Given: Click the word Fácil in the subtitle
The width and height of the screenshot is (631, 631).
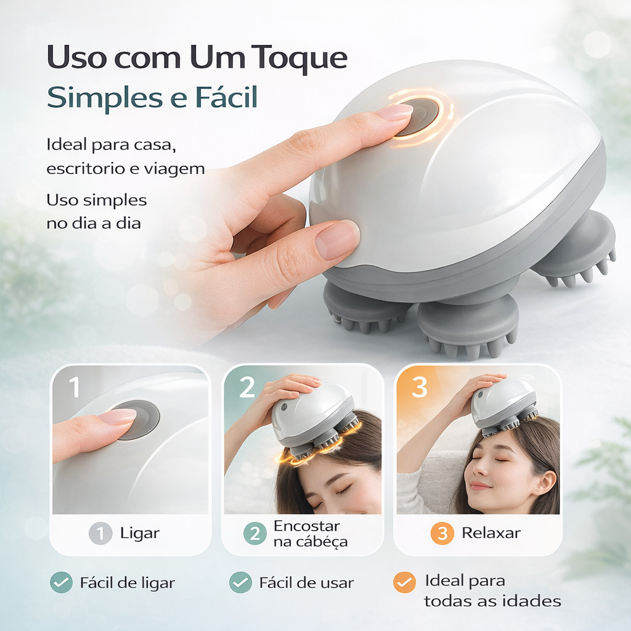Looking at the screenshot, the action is (x=226, y=97).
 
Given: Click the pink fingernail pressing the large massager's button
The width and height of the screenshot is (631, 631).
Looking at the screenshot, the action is (x=394, y=112).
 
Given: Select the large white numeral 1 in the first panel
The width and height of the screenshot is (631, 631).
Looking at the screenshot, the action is (x=75, y=387).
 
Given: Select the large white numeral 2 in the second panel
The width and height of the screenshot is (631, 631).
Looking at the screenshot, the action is (x=247, y=387).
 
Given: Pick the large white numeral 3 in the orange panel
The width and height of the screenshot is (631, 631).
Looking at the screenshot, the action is (x=419, y=387).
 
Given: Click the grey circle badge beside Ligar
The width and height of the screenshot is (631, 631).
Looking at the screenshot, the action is (x=100, y=533).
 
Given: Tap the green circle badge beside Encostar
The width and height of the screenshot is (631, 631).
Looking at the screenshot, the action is (x=254, y=533).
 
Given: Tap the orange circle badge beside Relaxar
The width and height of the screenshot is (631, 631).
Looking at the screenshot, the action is (x=442, y=533).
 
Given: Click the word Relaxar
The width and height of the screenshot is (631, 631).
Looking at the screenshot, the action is (x=491, y=533).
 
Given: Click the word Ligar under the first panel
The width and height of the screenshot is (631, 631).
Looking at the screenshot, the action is (x=140, y=534).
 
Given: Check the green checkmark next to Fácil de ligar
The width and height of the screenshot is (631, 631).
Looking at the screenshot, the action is (x=61, y=582).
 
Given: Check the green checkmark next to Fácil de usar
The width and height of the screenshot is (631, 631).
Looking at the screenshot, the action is (x=240, y=582).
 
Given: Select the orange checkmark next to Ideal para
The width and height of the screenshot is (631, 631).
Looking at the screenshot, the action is (x=404, y=582).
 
